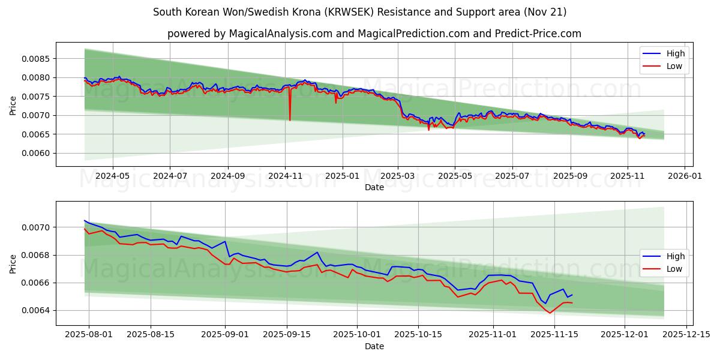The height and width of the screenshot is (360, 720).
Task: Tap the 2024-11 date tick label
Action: (285, 176)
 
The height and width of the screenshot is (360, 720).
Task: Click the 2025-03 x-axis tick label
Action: (398, 176)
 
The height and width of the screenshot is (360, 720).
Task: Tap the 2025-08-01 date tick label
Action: (89, 335)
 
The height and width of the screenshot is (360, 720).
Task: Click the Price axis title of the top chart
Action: (13, 106)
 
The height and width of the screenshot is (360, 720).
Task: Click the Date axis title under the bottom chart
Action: (374, 346)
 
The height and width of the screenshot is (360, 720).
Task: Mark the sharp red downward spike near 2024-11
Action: (290, 119)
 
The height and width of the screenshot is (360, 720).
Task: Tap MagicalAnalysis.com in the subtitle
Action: (280, 34)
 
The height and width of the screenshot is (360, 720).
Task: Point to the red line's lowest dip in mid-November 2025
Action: (550, 313)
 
